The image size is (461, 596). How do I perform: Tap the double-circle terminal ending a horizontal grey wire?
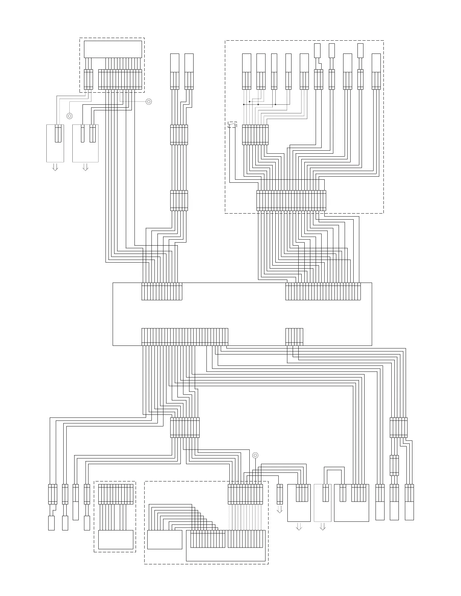149,101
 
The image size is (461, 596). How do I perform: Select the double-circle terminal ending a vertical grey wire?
69,116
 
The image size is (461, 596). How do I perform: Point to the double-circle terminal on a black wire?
255,455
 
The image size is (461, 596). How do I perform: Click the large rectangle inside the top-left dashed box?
113,49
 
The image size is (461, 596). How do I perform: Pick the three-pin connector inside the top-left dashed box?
88,79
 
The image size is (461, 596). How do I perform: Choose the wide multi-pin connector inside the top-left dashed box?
120,79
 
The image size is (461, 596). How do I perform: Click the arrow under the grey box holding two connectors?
85,167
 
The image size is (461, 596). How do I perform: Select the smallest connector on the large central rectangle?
294,337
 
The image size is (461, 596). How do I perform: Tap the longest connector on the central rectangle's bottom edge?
185,337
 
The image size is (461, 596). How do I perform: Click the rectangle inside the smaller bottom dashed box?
116,539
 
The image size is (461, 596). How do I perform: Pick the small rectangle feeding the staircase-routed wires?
165,539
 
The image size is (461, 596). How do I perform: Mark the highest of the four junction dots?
249,102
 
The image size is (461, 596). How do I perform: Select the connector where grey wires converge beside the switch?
255,134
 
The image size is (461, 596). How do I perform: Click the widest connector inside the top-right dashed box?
291,200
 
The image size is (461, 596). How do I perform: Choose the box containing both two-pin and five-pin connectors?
351,503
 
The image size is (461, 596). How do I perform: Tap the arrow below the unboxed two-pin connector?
279,510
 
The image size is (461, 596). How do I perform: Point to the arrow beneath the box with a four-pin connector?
299,527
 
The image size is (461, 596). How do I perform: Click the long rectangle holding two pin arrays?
226,546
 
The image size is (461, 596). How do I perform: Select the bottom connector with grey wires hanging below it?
245,494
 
